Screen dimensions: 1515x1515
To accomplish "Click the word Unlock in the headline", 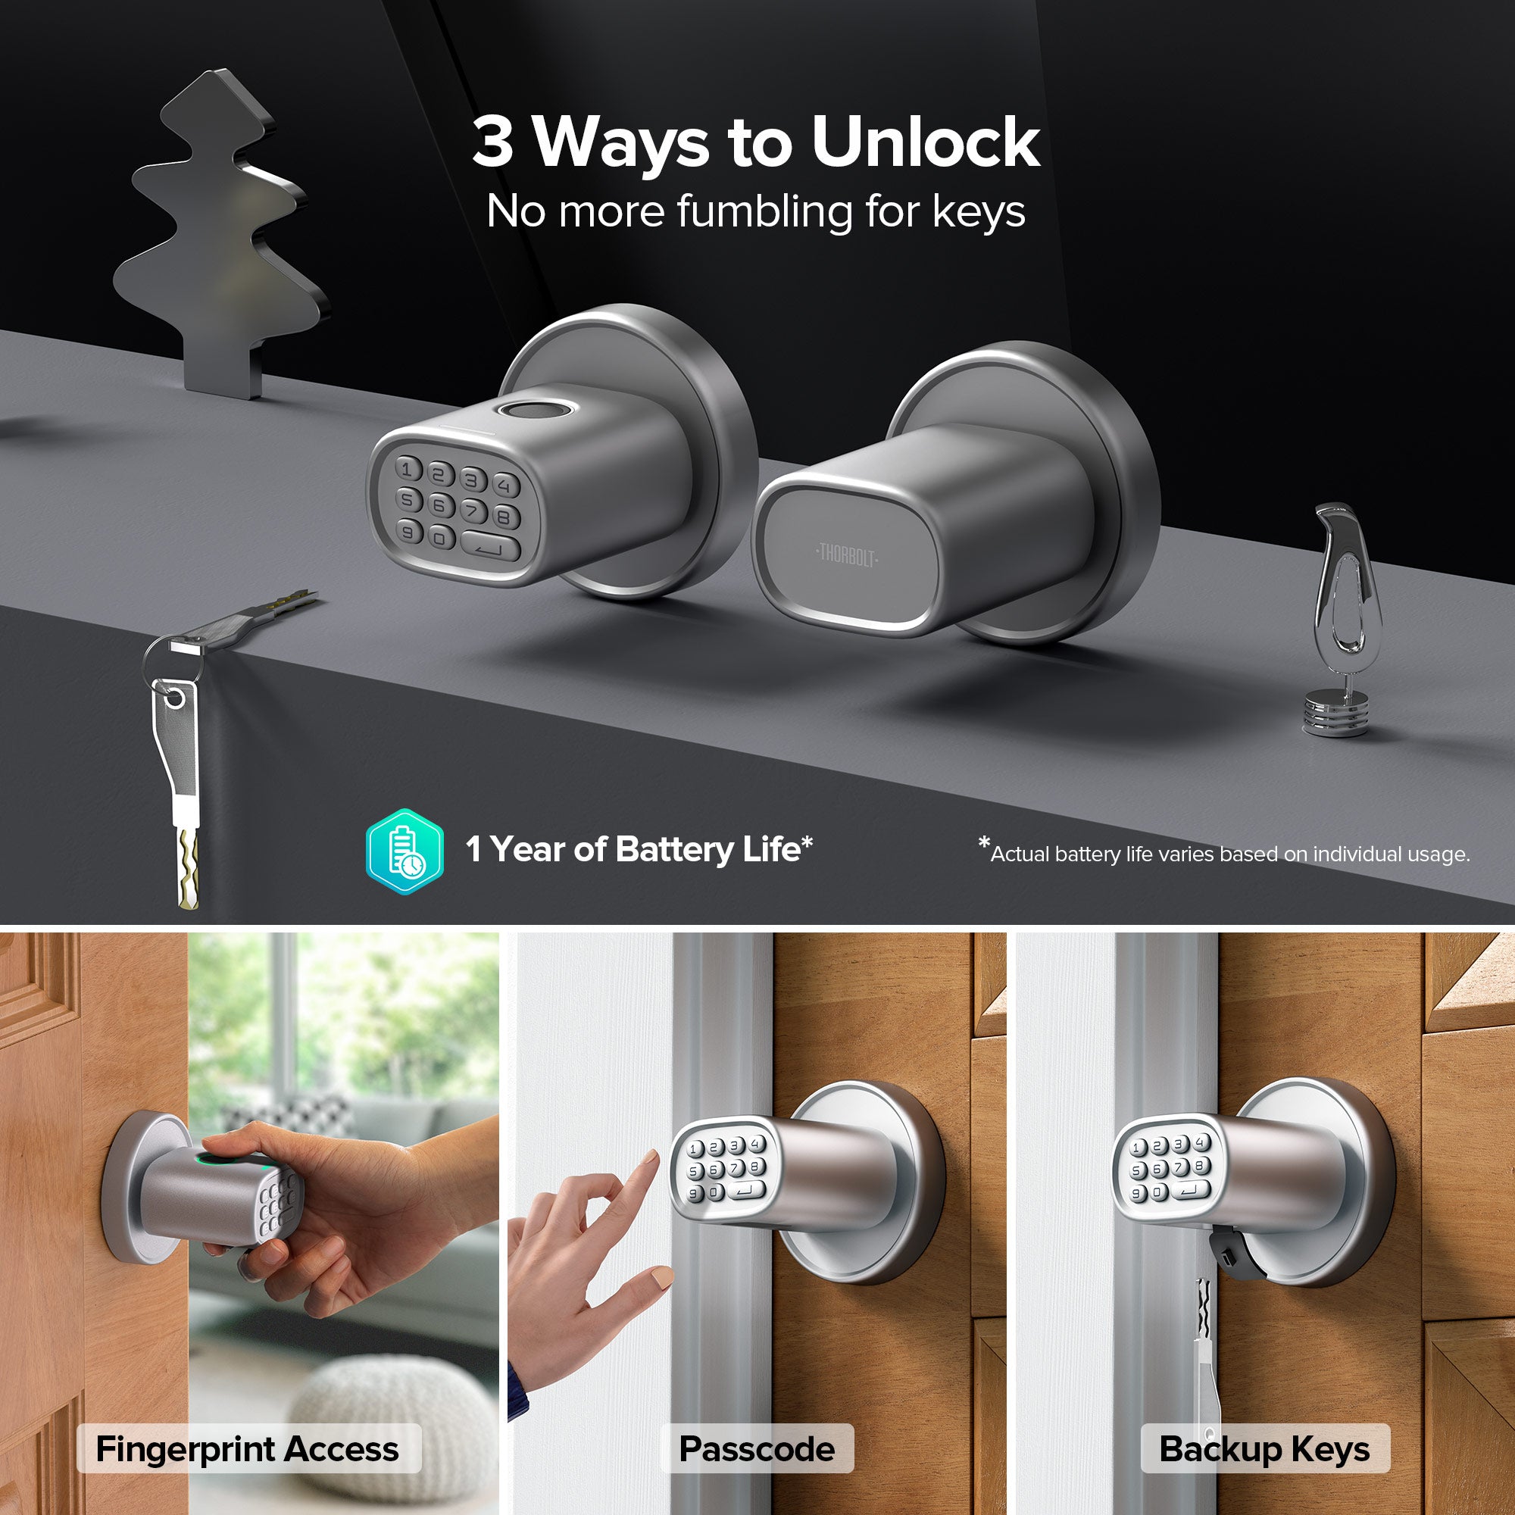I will click(926, 142).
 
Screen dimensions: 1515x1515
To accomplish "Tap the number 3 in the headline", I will click(493, 142).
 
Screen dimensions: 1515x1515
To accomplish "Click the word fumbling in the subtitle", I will click(764, 212).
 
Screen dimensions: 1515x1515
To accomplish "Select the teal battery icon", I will click(405, 851).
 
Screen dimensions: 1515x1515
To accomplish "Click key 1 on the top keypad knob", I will click(407, 469).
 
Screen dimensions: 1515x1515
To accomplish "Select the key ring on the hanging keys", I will click(173, 659).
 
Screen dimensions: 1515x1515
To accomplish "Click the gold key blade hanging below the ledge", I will click(188, 870).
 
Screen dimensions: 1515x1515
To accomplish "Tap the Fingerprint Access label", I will click(248, 1449).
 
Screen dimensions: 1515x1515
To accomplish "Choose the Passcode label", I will click(757, 1449).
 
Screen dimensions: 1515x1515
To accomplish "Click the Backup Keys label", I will click(1264, 1449).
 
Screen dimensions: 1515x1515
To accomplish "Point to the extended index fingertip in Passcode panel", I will click(651, 1159).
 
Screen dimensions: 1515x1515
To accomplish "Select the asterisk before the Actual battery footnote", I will click(984, 842).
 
